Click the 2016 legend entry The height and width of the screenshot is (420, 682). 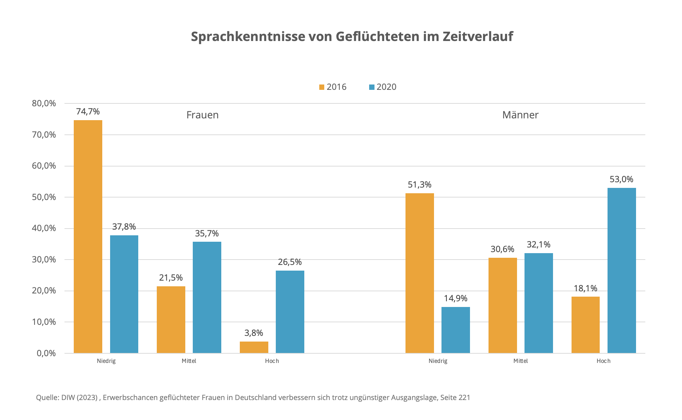[333, 87]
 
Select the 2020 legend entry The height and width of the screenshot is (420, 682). [383, 87]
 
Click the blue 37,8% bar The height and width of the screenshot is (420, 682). [124, 294]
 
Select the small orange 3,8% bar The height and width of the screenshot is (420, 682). [254, 347]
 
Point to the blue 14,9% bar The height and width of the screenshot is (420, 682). [455, 330]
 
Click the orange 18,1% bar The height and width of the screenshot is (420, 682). [585, 325]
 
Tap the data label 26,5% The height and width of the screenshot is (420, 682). [290, 262]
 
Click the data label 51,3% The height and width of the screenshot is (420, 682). [419, 185]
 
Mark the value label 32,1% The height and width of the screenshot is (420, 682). [538, 245]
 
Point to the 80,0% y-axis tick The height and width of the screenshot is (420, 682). [44, 103]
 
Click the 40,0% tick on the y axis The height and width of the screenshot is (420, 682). [44, 228]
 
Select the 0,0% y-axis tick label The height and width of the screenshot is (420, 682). [46, 353]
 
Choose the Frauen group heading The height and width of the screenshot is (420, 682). [202, 115]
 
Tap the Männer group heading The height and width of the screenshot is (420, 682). [520, 115]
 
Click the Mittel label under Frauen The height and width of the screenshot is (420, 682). [189, 361]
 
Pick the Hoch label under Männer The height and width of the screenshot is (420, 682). [603, 361]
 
